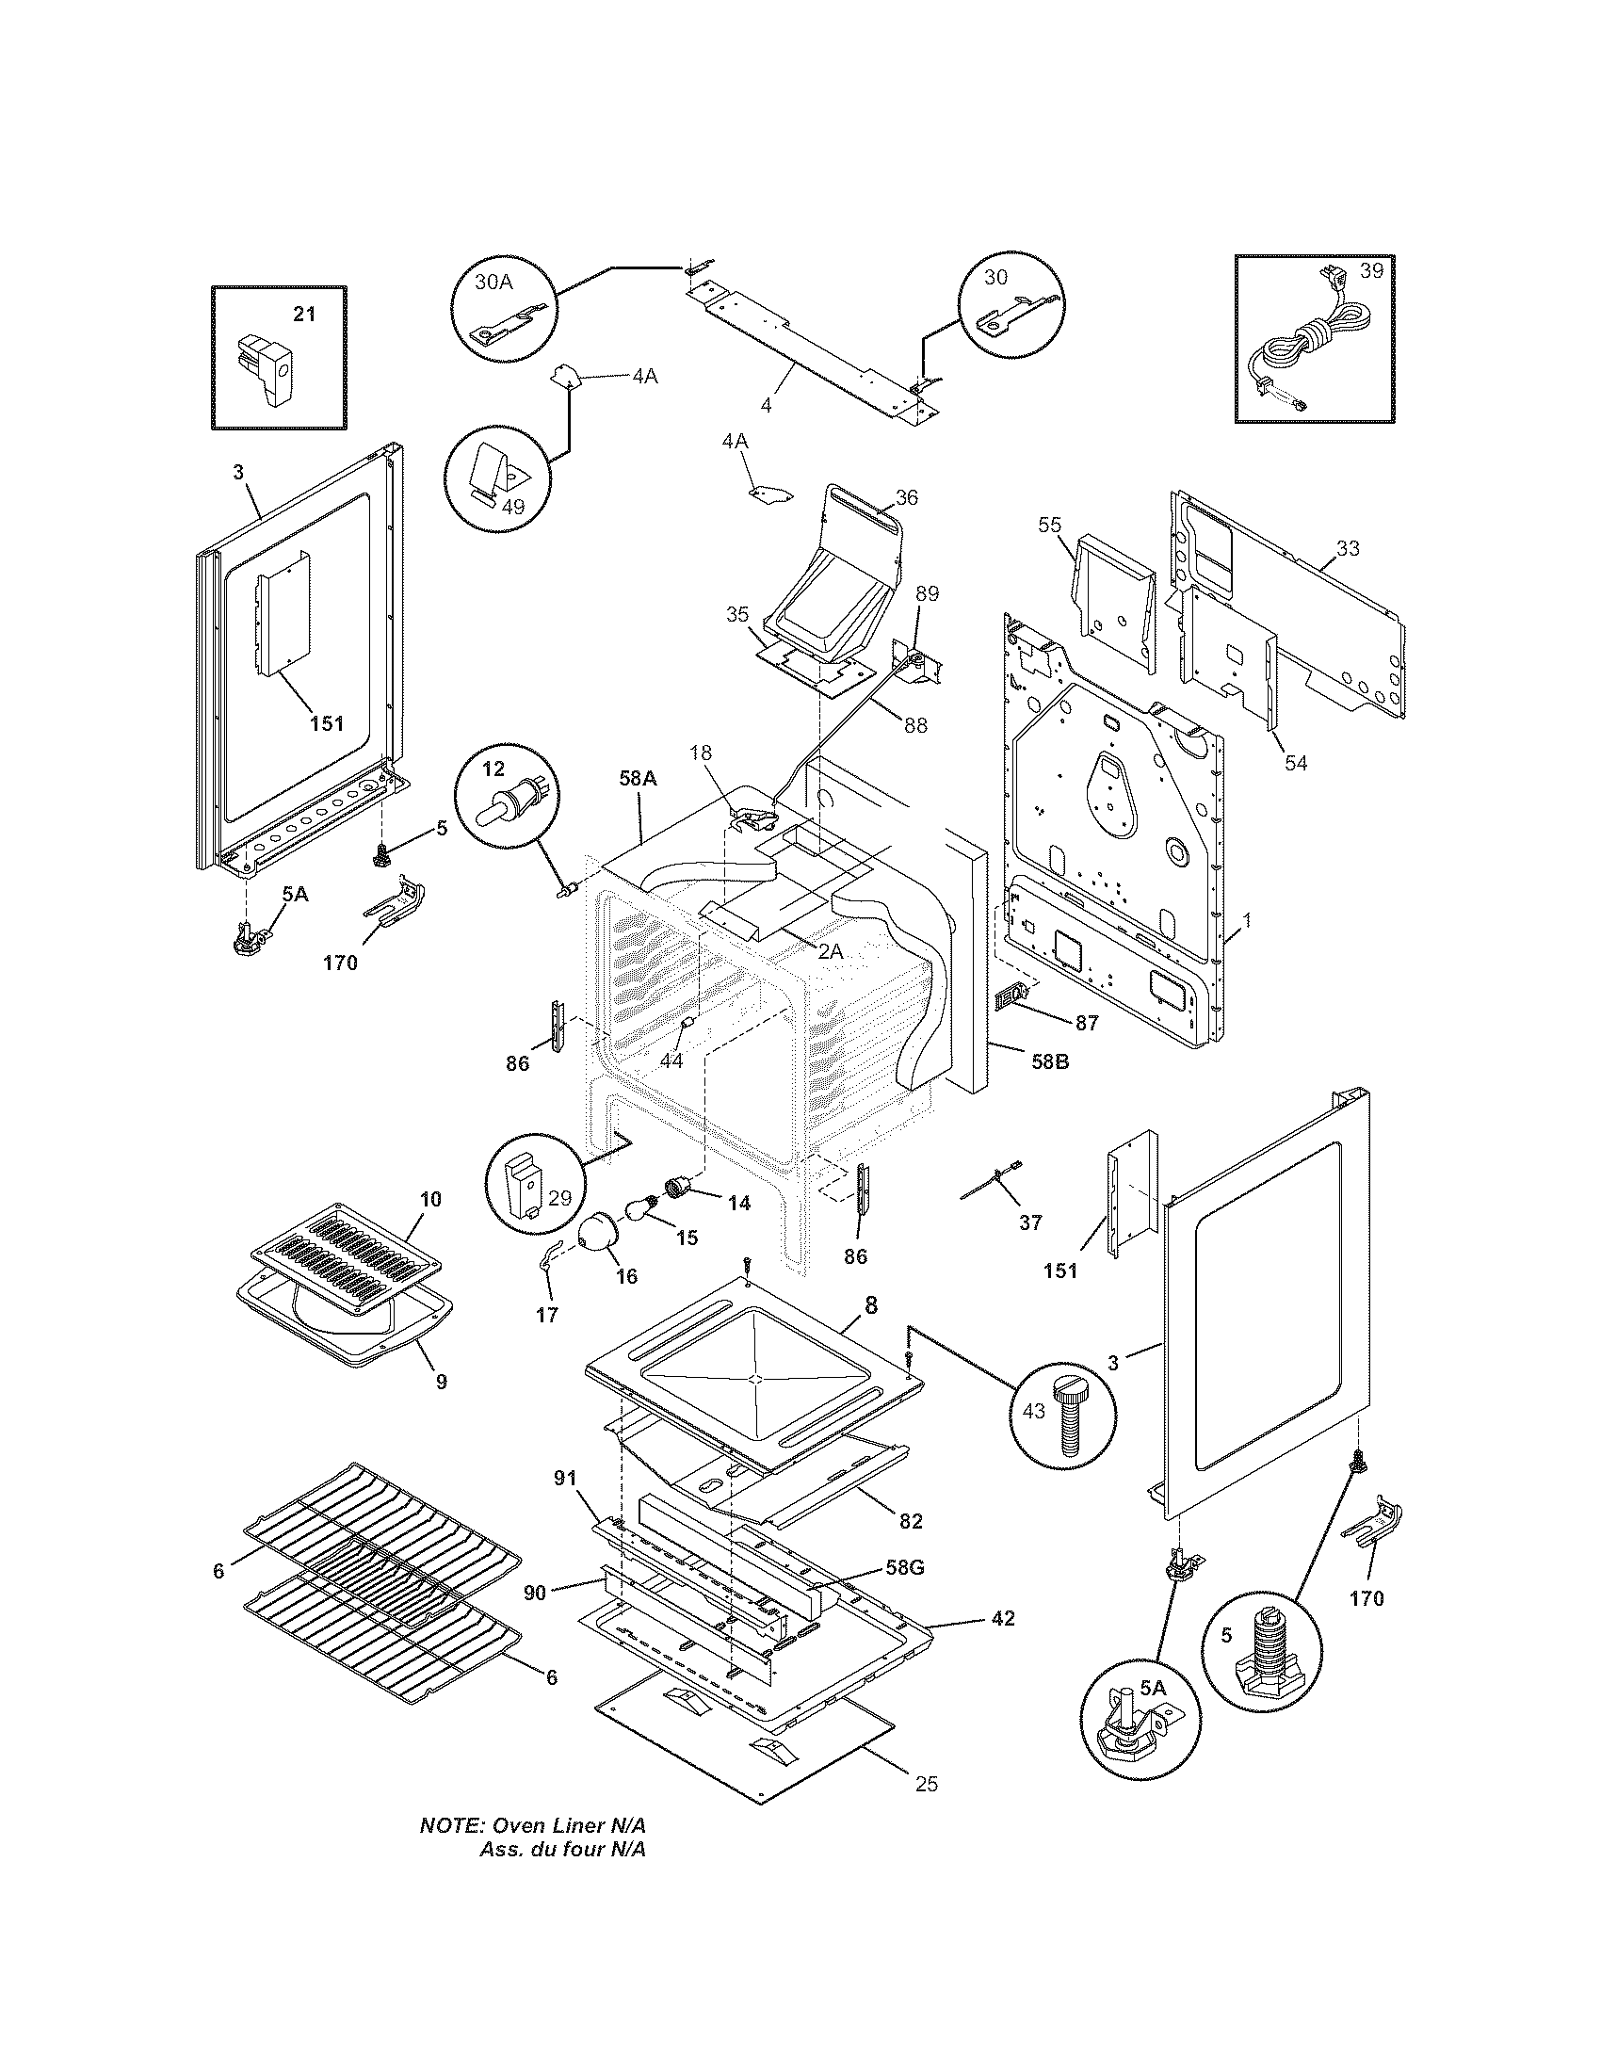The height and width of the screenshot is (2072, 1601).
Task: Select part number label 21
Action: point(303,314)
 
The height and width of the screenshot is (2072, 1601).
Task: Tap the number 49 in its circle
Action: point(512,506)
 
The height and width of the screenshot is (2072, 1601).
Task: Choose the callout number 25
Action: point(926,1810)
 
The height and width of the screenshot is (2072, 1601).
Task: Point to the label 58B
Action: point(1049,1062)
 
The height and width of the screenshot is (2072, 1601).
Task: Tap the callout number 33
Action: point(1347,548)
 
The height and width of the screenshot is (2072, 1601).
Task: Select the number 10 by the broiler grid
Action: point(429,1199)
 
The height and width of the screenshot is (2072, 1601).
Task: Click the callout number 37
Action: point(1030,1222)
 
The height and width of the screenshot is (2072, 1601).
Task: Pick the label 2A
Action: point(830,950)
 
